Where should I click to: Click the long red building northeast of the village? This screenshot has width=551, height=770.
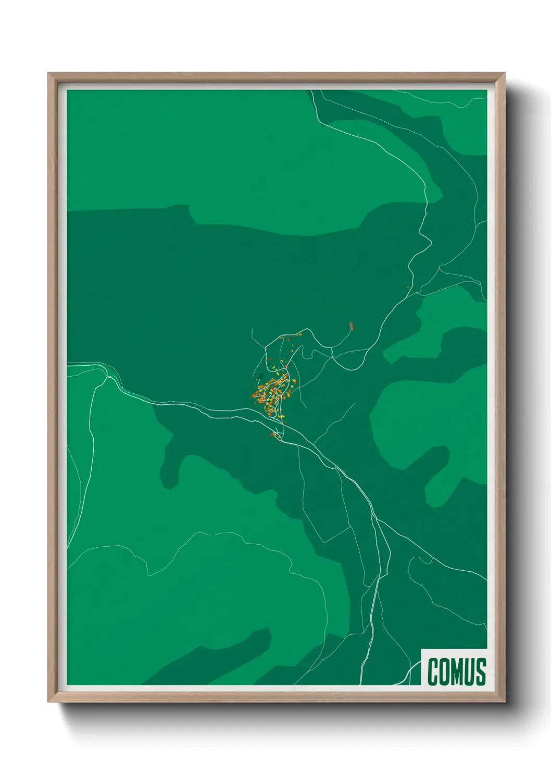point(352,326)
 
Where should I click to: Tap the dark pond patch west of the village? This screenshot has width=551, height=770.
point(260,376)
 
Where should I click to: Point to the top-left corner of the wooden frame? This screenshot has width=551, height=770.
point(48,73)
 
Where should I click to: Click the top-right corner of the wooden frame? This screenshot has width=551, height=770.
point(504,73)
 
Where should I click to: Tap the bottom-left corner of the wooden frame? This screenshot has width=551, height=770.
point(48,701)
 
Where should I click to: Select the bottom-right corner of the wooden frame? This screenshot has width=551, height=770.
point(504,701)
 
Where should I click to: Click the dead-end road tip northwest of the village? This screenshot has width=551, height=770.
point(252,329)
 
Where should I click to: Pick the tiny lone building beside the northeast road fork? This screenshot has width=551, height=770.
point(407,287)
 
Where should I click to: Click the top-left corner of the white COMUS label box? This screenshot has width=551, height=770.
point(422,649)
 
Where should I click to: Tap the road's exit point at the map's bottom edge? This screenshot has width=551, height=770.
point(361,683)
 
